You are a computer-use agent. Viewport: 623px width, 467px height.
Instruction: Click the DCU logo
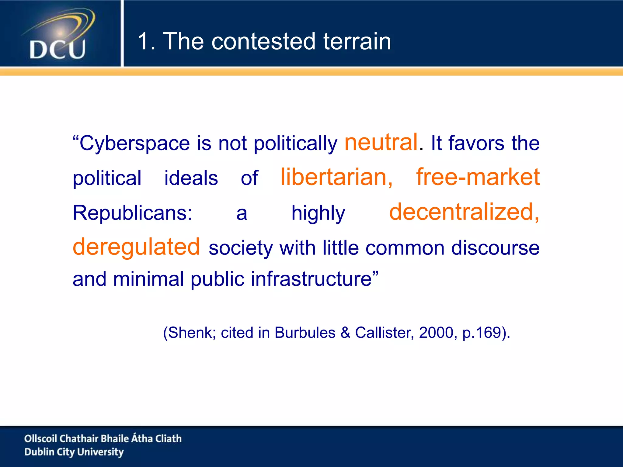[x=58, y=35]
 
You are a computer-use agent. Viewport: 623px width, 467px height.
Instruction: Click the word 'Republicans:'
[x=133, y=213]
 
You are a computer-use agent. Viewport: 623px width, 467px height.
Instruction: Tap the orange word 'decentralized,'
[x=464, y=212]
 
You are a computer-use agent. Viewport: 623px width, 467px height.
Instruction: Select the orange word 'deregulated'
[x=136, y=247]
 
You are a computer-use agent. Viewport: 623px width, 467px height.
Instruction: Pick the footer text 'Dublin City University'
[x=74, y=452]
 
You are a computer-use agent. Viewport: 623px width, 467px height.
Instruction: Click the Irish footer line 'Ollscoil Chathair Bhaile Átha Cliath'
[x=103, y=438]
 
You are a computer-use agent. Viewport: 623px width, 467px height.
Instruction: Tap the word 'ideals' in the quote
[x=191, y=178]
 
